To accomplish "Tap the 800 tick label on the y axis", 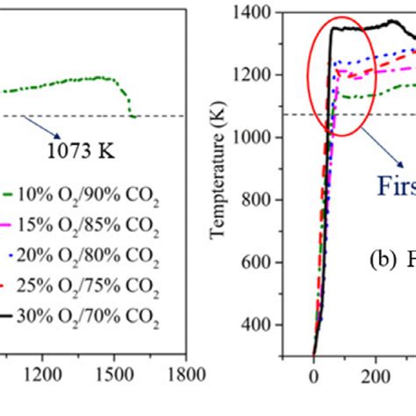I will [260, 200].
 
